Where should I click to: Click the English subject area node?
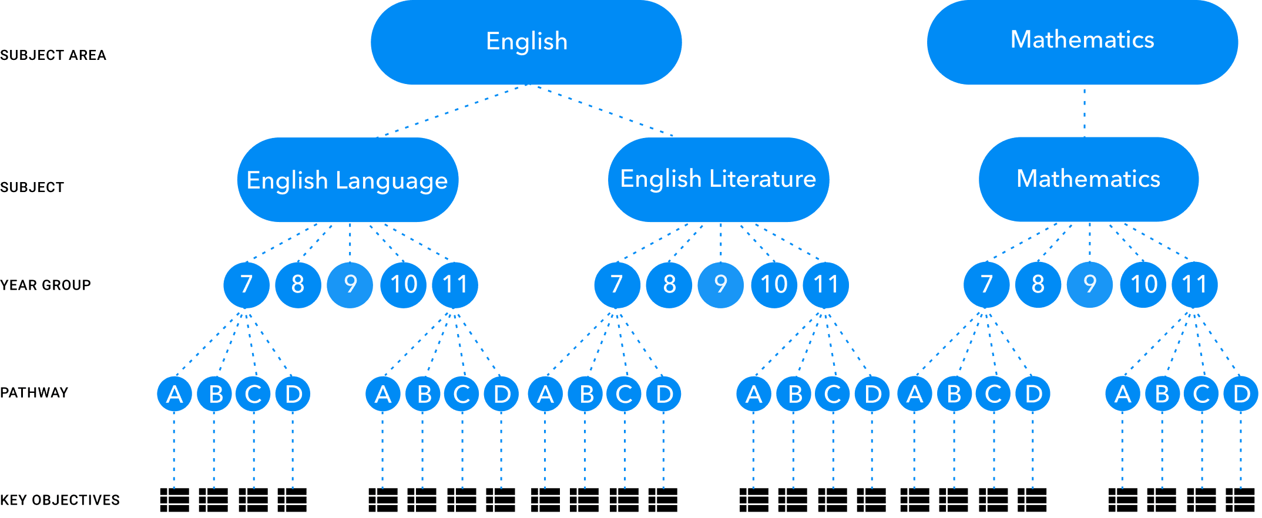tap(526, 42)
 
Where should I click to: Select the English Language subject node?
tap(347, 180)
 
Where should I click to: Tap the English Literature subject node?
tap(718, 179)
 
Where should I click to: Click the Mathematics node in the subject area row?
tap(1082, 41)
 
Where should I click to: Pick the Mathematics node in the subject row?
tap(1088, 179)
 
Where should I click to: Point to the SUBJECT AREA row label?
tap(53, 55)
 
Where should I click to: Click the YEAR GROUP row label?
tap(46, 285)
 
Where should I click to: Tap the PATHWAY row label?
tap(34, 392)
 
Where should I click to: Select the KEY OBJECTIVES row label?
tap(60, 500)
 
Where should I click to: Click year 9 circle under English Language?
tap(350, 285)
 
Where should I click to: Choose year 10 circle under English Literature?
tap(774, 285)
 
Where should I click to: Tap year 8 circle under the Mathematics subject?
tap(1038, 285)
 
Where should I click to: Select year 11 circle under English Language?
tap(455, 285)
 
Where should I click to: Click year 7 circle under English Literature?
tap(617, 285)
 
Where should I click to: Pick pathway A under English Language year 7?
tap(174, 394)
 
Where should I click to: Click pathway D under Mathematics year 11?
tap(1241, 394)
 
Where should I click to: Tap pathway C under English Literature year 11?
tap(833, 394)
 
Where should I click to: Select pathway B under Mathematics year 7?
tap(954, 394)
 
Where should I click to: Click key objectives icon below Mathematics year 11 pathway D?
tap(1240, 500)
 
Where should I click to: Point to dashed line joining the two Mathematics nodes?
tap(1084, 112)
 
